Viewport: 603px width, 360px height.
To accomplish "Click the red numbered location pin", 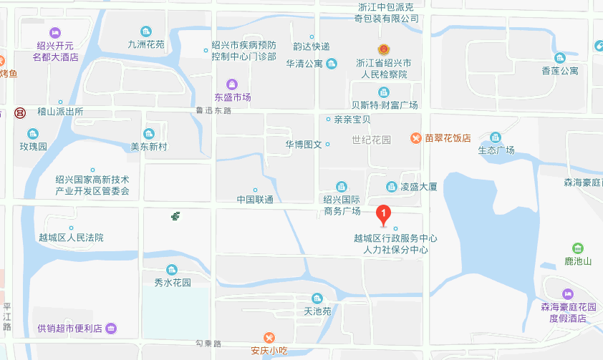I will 384,213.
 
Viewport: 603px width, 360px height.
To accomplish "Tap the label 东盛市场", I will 233,97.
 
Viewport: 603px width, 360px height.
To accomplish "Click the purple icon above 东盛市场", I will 231,84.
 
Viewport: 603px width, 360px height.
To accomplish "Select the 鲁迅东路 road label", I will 213,111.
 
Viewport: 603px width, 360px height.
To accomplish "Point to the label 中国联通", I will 254,200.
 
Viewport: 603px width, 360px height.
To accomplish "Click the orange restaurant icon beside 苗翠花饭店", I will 415,138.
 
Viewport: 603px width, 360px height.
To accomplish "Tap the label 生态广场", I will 496,150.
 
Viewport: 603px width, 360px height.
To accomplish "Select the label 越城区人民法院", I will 71,238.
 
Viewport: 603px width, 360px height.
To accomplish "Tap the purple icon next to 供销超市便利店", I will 111,329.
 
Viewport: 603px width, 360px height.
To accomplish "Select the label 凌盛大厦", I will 419,187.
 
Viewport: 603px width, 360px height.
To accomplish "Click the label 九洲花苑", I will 146,44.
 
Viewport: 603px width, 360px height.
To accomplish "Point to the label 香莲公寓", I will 560,71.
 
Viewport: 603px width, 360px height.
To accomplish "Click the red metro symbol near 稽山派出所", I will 20,112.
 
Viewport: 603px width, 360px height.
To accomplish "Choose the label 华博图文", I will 304,145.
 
